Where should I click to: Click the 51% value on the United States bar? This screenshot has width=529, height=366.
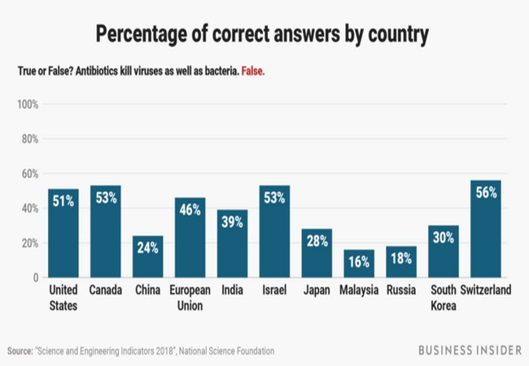(x=63, y=202)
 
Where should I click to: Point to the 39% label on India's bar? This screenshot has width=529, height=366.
(x=232, y=222)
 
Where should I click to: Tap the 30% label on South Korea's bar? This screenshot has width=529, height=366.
(x=444, y=238)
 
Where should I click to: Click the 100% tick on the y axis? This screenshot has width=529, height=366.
(x=28, y=105)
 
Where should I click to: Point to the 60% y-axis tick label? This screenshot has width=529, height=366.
(x=30, y=174)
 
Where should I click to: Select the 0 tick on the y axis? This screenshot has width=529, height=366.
(x=36, y=277)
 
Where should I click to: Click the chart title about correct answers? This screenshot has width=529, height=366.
(x=264, y=34)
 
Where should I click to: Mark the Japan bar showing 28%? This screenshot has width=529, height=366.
(x=317, y=253)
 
